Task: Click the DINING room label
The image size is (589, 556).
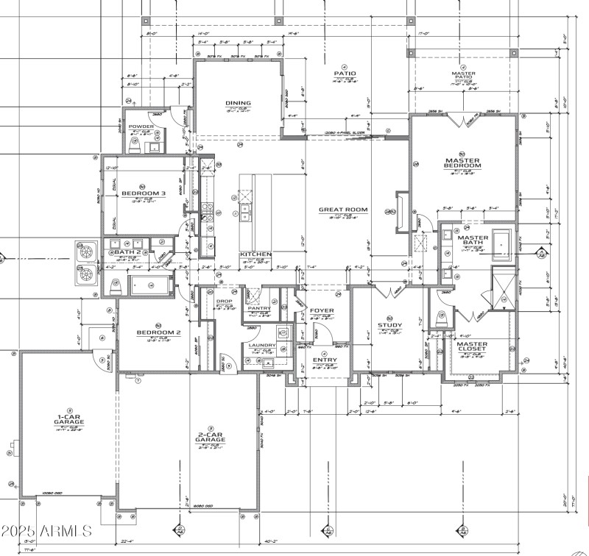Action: [238, 104]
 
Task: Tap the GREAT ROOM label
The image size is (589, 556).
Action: [338, 210]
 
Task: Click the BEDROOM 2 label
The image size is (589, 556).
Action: [158, 332]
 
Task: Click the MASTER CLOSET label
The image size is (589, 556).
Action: [471, 347]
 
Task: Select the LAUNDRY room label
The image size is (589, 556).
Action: [263, 345]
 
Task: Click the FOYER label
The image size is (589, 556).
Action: [322, 310]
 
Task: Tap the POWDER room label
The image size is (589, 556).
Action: [141, 126]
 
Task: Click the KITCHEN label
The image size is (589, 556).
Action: [255, 254]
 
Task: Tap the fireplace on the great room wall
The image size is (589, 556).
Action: [400, 213]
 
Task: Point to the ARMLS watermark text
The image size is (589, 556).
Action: [46, 530]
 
